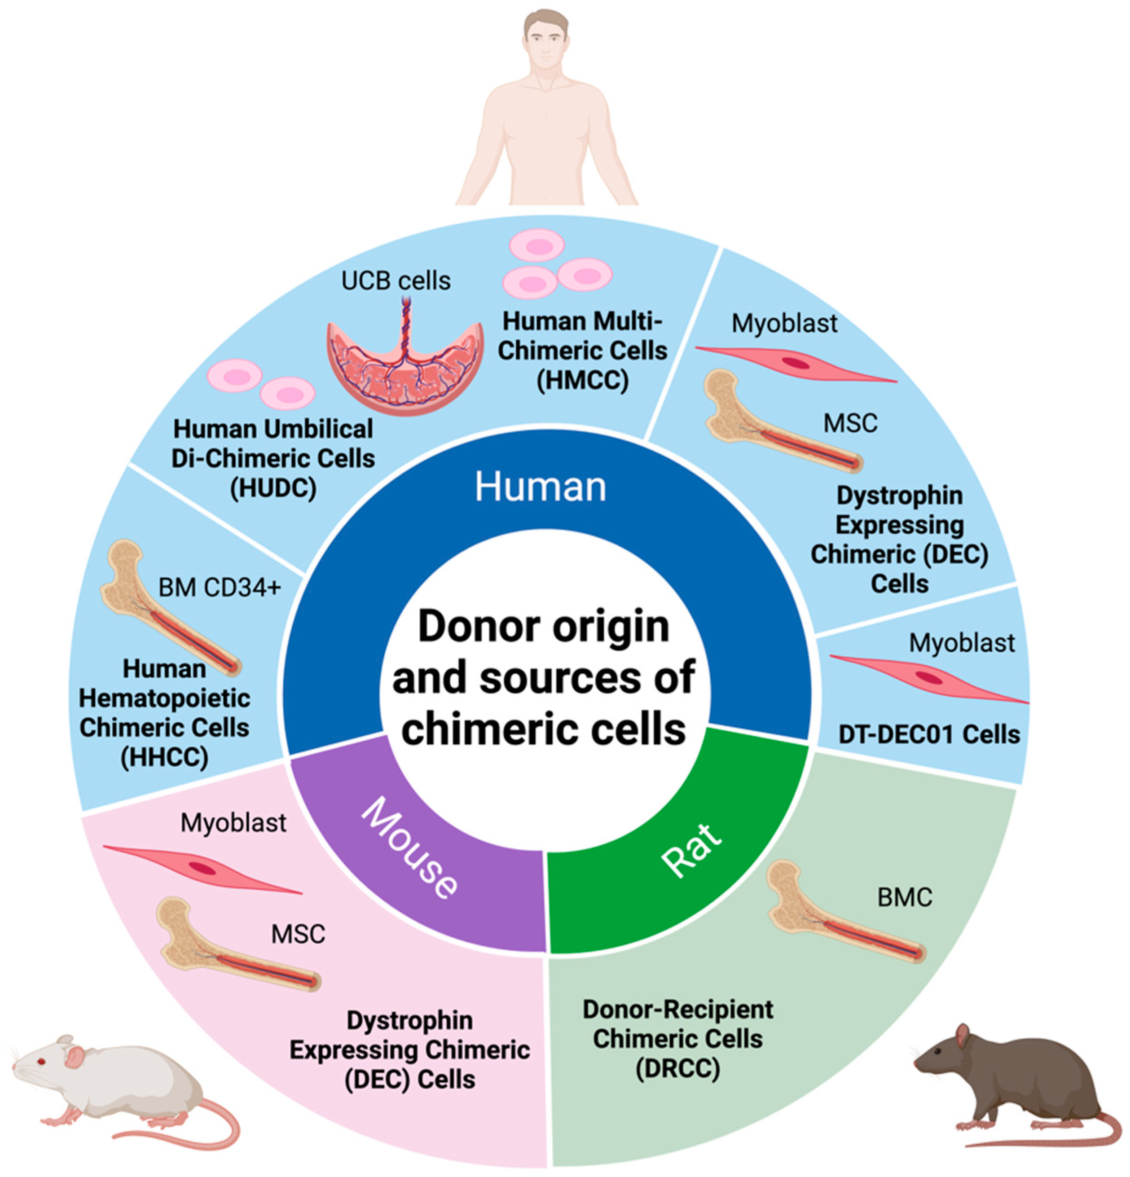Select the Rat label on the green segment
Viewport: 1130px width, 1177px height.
point(690,849)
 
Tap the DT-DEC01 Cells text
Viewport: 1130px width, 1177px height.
point(929,734)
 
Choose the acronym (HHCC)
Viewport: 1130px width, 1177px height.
point(164,757)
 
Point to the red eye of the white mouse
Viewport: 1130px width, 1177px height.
point(41,1062)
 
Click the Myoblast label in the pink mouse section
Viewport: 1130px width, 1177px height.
point(233,823)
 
